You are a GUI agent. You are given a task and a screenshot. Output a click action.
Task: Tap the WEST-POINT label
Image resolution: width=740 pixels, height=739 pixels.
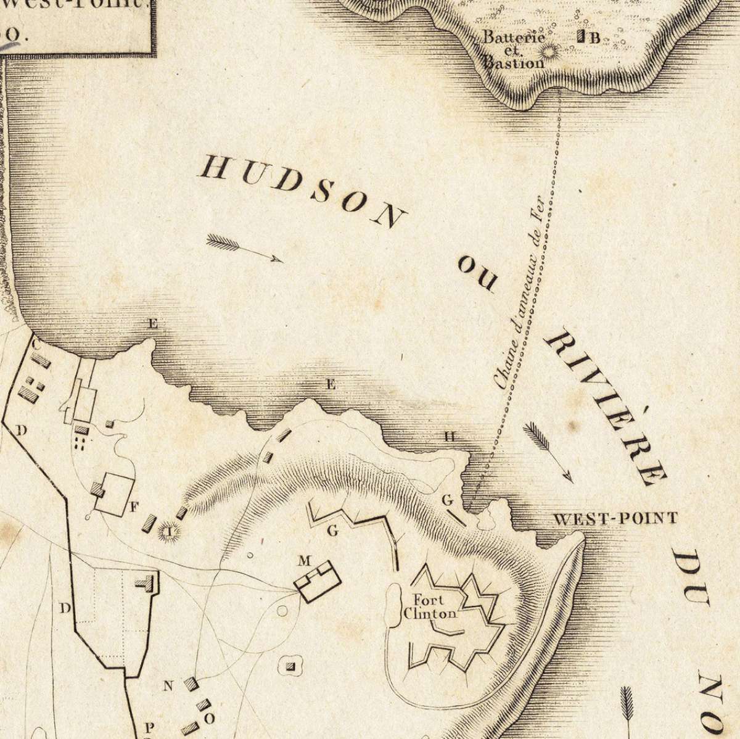coord(615,518)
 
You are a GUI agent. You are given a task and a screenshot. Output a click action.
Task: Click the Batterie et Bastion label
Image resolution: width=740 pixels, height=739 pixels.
coord(514,49)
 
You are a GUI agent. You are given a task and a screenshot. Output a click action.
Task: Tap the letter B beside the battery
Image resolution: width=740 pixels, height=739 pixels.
coord(594,38)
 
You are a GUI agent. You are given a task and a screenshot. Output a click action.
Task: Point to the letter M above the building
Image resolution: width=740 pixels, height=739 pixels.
coord(304,561)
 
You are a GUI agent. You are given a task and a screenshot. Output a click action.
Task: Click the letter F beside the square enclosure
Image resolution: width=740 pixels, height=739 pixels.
coord(134,507)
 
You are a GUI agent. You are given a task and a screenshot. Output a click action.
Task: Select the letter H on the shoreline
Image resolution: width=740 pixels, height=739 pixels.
coord(450,437)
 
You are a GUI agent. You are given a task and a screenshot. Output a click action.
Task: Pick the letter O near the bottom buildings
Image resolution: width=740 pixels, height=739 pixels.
coord(209,719)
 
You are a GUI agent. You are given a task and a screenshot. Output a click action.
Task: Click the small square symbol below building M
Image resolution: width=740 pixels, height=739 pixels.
coord(291,666)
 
